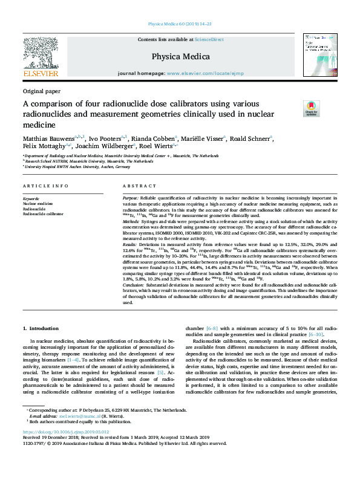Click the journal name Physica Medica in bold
[x=180, y=57]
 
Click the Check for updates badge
[x=312, y=109]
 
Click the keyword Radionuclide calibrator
[x=44, y=214]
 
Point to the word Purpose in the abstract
[x=131, y=198]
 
